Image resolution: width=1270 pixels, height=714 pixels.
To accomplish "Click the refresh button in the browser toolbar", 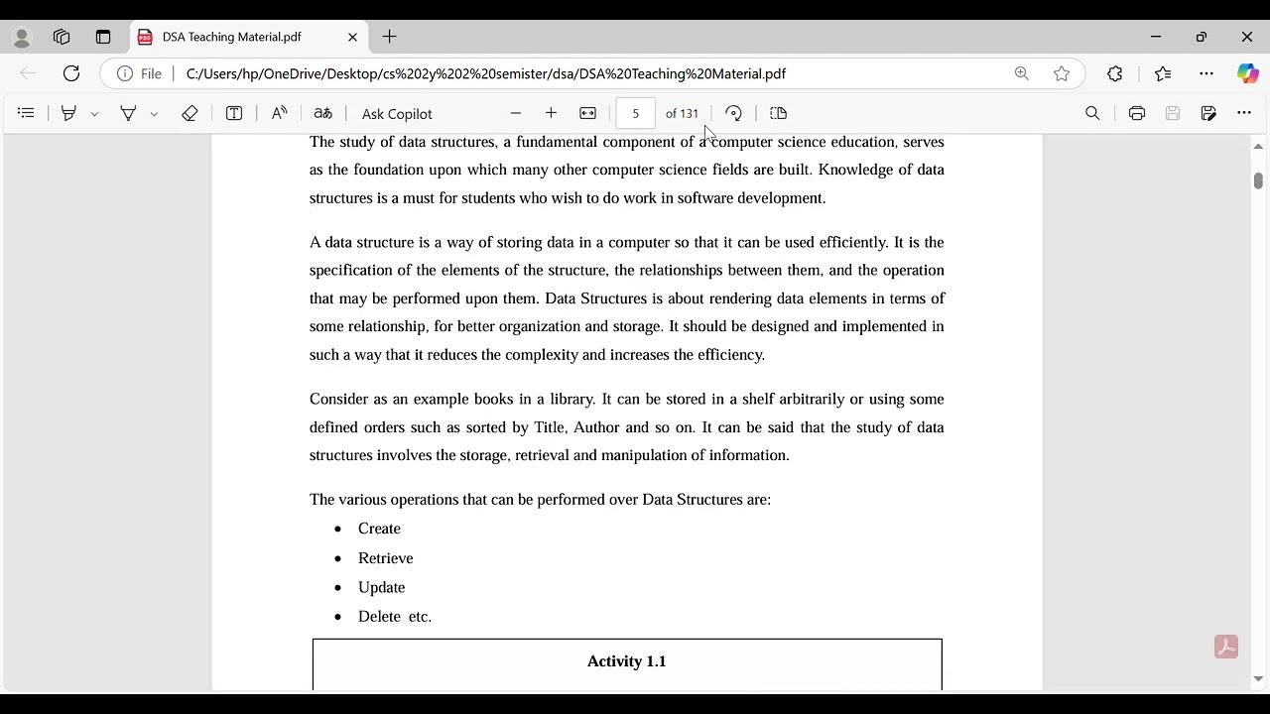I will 71,73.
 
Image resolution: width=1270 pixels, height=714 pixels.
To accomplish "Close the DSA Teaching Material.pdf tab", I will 352,37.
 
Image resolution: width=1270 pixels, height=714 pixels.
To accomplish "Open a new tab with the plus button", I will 390,37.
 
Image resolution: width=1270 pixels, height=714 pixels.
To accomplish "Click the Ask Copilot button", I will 397,114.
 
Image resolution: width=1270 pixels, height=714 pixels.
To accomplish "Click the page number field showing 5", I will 635,114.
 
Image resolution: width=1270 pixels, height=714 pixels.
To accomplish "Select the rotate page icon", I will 733,114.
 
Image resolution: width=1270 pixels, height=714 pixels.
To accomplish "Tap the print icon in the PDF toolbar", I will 1137,114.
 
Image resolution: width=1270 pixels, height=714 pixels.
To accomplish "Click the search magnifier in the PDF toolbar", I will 1092,114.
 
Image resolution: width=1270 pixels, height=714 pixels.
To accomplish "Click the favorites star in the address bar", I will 1062,73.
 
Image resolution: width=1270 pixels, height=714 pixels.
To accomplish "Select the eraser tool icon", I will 190,114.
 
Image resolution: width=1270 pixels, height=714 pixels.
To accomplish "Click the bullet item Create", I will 379,529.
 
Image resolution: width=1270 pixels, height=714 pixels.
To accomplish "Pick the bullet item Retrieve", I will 385,558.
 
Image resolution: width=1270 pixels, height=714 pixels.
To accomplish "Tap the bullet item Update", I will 381,587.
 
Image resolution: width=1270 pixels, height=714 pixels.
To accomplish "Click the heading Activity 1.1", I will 626,661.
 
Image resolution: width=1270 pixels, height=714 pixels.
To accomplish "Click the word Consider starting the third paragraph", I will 338,399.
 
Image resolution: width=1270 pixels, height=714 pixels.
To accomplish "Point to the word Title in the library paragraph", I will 550,427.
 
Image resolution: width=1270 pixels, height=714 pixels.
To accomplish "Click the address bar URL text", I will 486,73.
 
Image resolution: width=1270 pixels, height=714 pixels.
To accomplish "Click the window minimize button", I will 1156,37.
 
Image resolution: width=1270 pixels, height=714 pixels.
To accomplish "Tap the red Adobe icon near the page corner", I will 1225,647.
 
